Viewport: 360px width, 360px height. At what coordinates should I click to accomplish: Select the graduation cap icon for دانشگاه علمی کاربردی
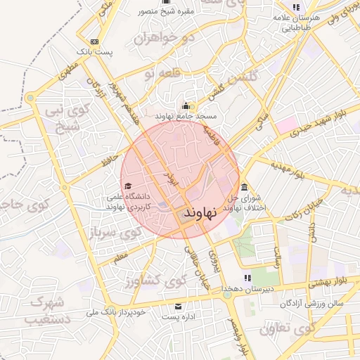[127, 186]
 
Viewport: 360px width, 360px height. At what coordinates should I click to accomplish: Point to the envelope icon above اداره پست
[178, 307]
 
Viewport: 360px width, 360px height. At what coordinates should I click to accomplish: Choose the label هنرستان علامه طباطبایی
[295, 22]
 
